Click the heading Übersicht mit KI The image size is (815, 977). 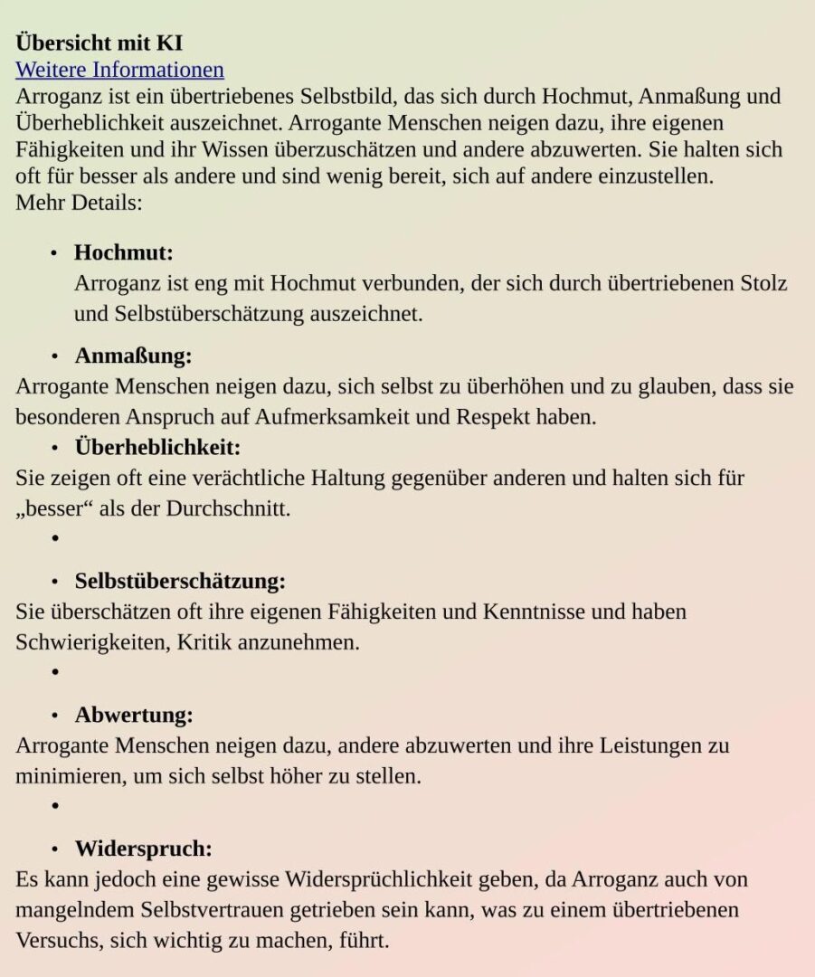point(99,43)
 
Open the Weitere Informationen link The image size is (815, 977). point(119,70)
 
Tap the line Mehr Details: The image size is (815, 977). point(79,202)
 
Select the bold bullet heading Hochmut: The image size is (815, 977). point(123,252)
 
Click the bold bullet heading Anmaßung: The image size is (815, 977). point(133,356)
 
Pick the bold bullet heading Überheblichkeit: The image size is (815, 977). point(157,447)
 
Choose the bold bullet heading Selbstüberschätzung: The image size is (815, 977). point(180,581)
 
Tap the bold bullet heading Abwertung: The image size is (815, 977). point(134,715)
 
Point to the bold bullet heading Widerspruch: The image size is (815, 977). point(143,849)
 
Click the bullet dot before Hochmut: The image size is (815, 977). point(54,253)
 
